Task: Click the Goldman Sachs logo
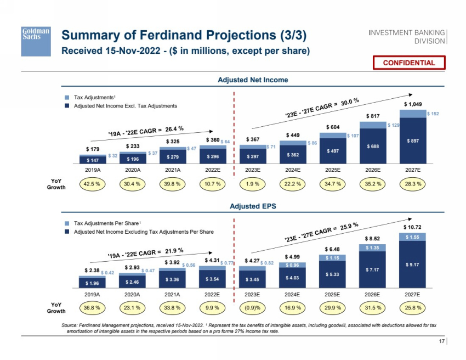(x=36, y=41)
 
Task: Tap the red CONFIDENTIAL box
(x=408, y=63)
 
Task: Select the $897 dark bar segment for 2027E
(x=413, y=140)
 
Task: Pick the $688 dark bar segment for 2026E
(x=373, y=146)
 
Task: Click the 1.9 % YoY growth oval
(x=253, y=184)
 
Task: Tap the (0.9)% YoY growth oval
(x=253, y=307)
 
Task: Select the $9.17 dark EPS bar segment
(x=413, y=265)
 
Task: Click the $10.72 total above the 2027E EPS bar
(x=413, y=227)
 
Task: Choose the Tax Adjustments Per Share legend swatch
(x=67, y=224)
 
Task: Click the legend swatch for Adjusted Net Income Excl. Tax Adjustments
(x=67, y=105)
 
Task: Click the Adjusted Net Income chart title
(x=253, y=80)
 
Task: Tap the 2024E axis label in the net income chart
(x=293, y=170)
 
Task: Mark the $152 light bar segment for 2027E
(x=433, y=114)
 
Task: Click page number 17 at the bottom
(x=441, y=342)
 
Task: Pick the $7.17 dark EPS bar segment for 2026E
(x=373, y=270)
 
